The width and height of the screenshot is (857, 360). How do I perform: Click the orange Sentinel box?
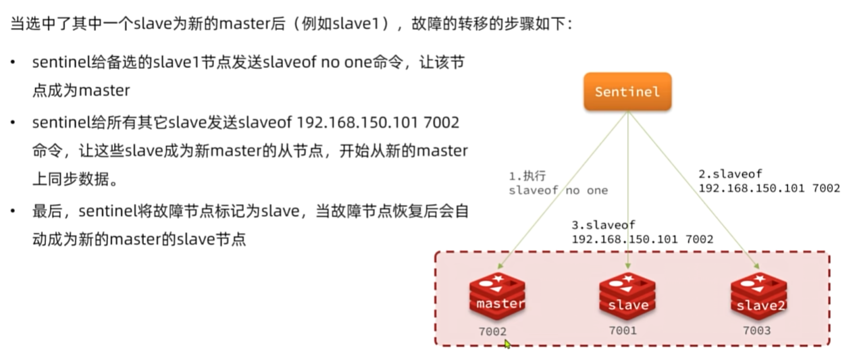click(627, 91)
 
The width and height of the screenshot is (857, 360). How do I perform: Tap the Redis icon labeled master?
click(498, 297)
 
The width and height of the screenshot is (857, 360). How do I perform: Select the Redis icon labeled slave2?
click(760, 298)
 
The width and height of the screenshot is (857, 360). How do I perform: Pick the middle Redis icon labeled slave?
click(627, 298)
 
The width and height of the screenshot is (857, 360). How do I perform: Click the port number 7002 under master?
click(492, 332)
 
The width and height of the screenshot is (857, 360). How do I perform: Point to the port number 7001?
click(622, 330)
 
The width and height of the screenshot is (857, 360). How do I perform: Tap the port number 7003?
click(756, 330)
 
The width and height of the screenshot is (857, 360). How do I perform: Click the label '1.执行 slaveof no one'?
click(558, 183)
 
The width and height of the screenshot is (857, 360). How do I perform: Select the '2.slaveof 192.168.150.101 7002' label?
click(769, 181)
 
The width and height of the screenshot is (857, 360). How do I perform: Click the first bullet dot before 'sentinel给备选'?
click(14, 63)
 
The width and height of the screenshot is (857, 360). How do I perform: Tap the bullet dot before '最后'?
click(14, 211)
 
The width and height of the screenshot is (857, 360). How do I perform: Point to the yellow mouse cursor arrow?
click(507, 344)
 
